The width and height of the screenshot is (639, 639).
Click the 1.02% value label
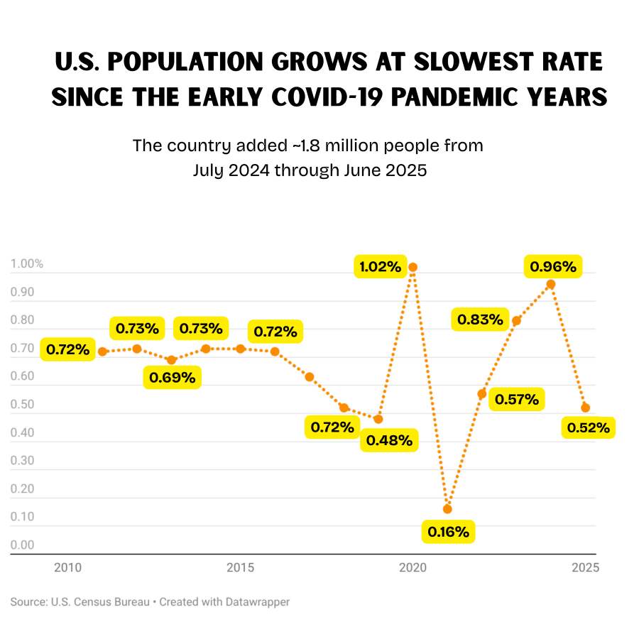click(x=381, y=267)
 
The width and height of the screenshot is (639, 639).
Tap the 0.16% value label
click(x=448, y=532)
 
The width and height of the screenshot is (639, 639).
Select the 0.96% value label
click(x=553, y=267)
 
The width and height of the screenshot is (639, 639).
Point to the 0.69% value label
click(x=173, y=377)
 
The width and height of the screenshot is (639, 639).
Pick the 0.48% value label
click(x=390, y=440)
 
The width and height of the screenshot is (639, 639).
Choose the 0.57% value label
click(x=517, y=400)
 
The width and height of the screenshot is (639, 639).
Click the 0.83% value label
click(x=480, y=319)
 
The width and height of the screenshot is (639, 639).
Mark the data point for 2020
click(x=413, y=268)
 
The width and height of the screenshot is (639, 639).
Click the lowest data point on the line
click(x=447, y=509)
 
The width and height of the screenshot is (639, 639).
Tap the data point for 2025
click(x=586, y=408)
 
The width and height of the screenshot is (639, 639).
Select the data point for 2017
click(x=310, y=377)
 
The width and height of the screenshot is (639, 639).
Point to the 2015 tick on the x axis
click(x=241, y=567)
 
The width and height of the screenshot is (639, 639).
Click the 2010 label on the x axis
click(x=67, y=567)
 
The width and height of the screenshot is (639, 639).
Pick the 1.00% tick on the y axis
click(x=27, y=264)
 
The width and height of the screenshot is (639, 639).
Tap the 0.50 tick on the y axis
click(x=22, y=405)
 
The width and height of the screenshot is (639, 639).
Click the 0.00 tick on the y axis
click(x=22, y=545)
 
